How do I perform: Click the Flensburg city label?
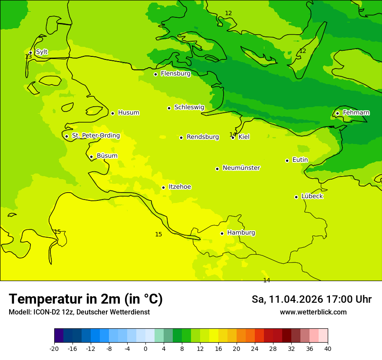coord(175,74)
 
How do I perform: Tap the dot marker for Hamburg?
coord(222,233)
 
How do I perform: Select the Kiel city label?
coord(244,137)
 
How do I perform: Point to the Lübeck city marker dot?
coord(296,197)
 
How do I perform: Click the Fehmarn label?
coord(356,113)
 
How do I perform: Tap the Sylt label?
coord(42,52)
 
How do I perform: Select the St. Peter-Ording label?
coord(95,136)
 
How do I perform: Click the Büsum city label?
coord(107,156)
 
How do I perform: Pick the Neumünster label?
coord(241,168)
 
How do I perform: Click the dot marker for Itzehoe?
coord(163,187)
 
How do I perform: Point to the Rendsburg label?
coord(203,137)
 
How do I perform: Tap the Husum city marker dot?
coord(112,113)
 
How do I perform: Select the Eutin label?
coord(300,160)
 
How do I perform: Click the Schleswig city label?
coord(189,107)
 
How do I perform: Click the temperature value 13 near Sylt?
coord(28,57)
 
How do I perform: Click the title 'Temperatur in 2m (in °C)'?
coord(86,299)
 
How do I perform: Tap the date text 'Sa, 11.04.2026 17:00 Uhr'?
coord(311,299)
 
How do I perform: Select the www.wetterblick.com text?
coord(313,312)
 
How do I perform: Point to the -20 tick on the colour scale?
coord(54,349)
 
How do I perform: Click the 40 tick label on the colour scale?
coord(328,349)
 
